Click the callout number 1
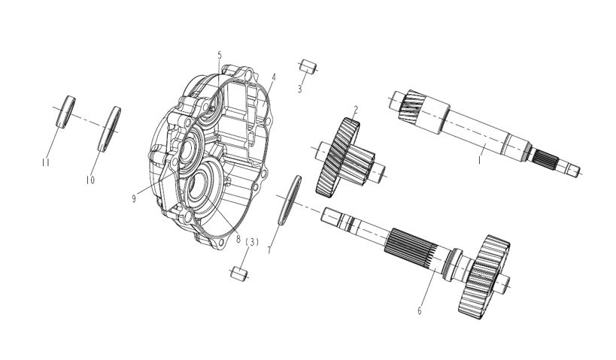pyautogui.click(x=479, y=160)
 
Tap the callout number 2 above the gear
pyautogui.click(x=356, y=110)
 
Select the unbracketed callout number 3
pyautogui.click(x=300, y=89)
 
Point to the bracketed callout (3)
pyautogui.click(x=252, y=242)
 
